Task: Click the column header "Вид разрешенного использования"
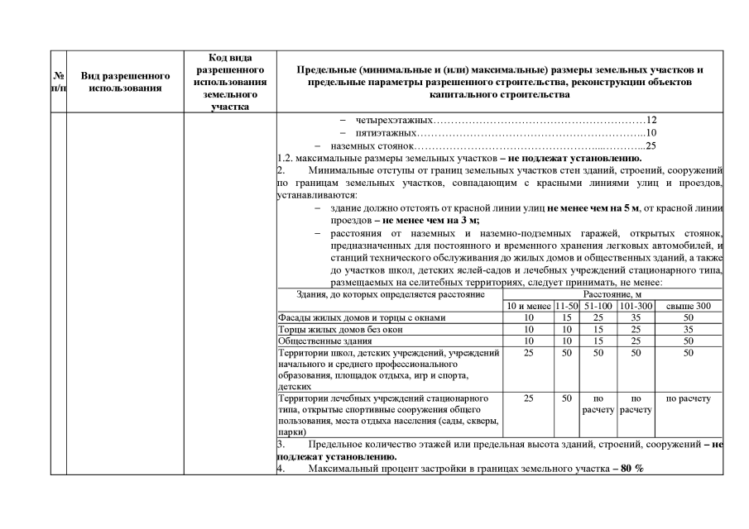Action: (126, 81)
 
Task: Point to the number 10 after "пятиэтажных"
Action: (651, 133)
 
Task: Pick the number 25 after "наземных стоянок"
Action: (650, 146)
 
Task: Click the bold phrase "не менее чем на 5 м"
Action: (593, 207)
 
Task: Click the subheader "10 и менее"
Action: (529, 306)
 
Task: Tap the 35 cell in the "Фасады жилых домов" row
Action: (636, 317)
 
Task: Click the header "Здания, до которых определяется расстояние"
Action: (389, 294)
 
